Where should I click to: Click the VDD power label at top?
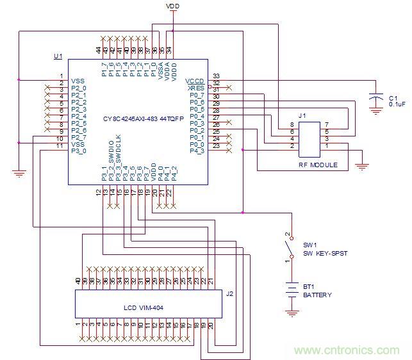tap(173, 6)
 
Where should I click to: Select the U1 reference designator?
tap(58, 56)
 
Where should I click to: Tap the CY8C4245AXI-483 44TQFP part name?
tap(139, 119)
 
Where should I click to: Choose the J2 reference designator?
tap(229, 294)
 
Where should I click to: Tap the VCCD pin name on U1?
tap(194, 81)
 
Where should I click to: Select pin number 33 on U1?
tap(216, 76)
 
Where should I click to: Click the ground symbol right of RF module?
tap(362, 167)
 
